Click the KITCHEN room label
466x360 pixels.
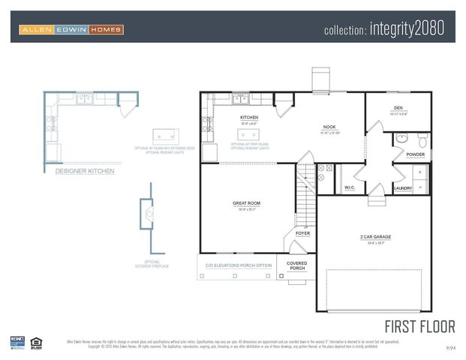249,118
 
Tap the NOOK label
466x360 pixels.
329,127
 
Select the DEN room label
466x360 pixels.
398,108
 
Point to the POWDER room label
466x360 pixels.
415,154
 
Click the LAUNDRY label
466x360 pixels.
403,188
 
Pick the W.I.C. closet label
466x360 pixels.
350,187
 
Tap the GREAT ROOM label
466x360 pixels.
246,203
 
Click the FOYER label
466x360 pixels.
302,233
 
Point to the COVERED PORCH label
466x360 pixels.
297,266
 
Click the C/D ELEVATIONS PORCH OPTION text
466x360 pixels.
239,265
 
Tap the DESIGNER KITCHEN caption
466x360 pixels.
85,171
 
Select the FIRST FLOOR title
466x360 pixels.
419,326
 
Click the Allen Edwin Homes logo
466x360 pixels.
72,30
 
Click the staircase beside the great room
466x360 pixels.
305,193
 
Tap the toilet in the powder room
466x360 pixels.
422,140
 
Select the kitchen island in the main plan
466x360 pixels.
248,134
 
